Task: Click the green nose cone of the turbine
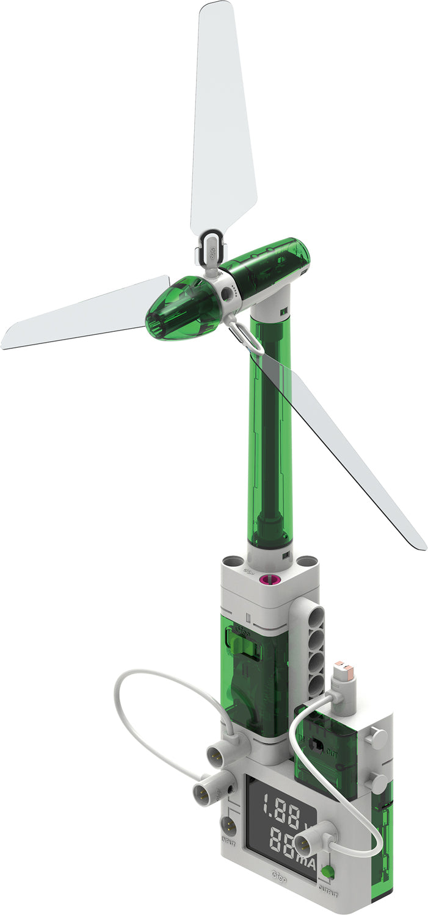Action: (x=177, y=311)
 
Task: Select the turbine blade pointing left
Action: (x=85, y=314)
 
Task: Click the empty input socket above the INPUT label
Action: (x=228, y=827)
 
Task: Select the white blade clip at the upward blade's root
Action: (x=211, y=244)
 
